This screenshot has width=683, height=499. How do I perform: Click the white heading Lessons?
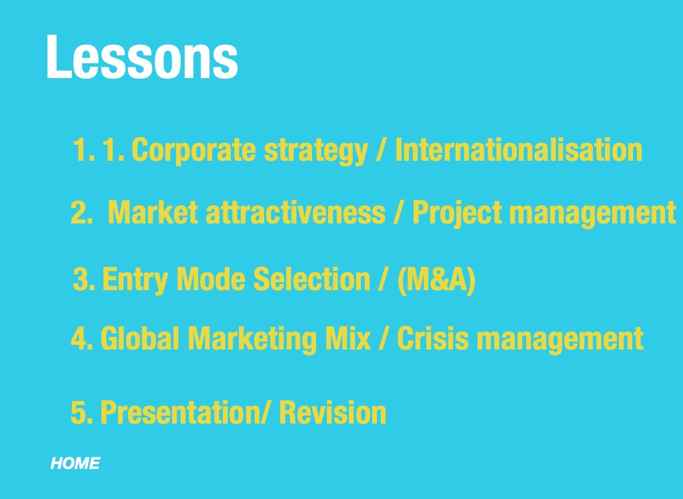(x=142, y=57)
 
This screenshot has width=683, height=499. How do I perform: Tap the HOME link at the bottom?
(x=75, y=463)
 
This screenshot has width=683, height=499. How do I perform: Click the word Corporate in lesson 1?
(x=193, y=150)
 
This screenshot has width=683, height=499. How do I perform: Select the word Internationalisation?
(x=518, y=149)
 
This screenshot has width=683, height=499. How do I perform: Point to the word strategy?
(x=316, y=151)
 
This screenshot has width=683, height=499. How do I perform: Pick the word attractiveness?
(x=295, y=212)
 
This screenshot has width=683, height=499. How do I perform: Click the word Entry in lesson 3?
(x=135, y=280)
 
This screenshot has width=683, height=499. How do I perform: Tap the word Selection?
(x=311, y=279)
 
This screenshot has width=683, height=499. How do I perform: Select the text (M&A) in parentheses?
(x=436, y=280)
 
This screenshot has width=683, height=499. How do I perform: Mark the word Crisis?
(x=433, y=338)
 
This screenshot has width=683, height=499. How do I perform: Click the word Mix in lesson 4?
(x=348, y=338)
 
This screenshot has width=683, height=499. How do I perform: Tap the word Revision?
(x=332, y=412)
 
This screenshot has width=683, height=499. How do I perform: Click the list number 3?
(x=83, y=280)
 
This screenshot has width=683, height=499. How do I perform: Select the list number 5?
(x=81, y=412)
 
